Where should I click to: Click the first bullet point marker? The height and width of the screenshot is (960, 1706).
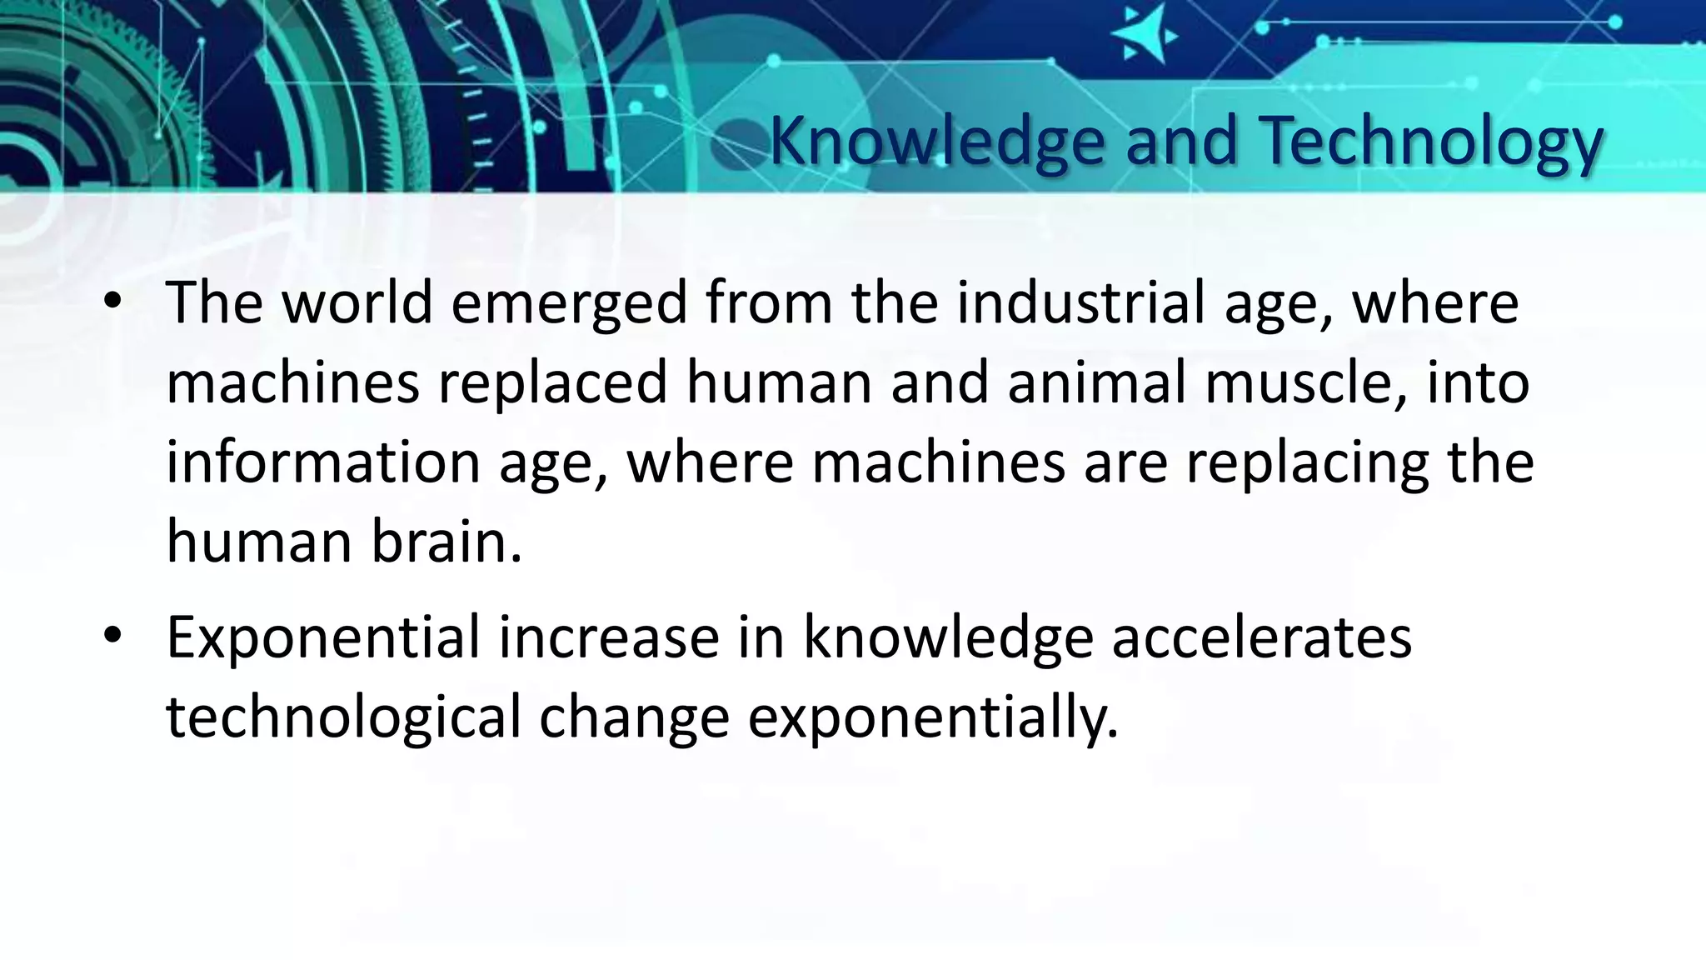(113, 303)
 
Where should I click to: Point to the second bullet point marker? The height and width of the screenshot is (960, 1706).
(113, 637)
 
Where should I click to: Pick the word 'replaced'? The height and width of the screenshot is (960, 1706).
(553, 383)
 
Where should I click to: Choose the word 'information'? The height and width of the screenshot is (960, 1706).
(323, 462)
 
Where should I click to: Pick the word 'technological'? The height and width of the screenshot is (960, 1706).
(343, 717)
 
